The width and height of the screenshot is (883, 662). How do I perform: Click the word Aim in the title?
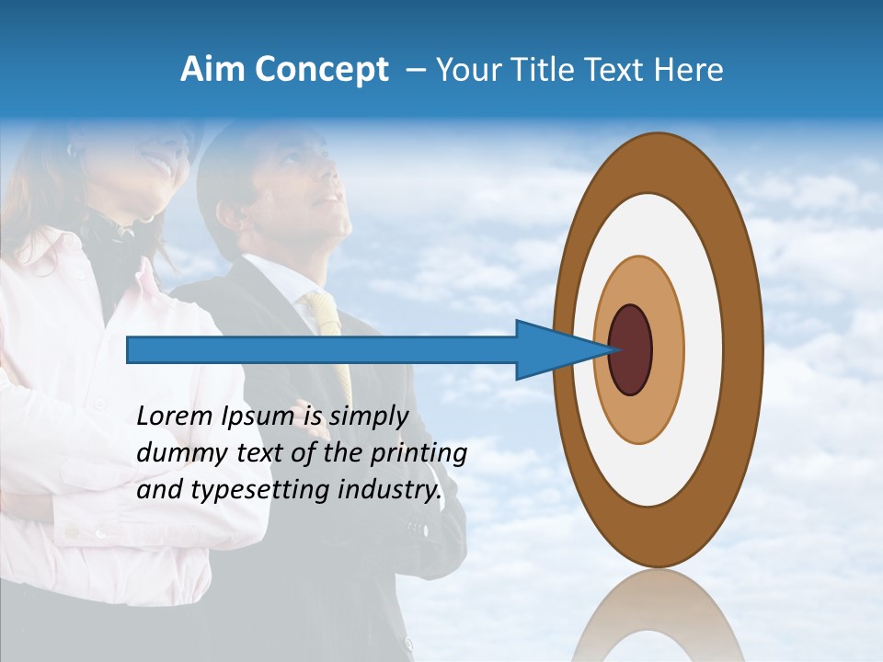213,70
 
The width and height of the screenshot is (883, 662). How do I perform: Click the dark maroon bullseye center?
631,350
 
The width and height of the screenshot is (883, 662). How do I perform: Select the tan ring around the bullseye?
666,350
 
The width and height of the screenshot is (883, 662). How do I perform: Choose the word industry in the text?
390,490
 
